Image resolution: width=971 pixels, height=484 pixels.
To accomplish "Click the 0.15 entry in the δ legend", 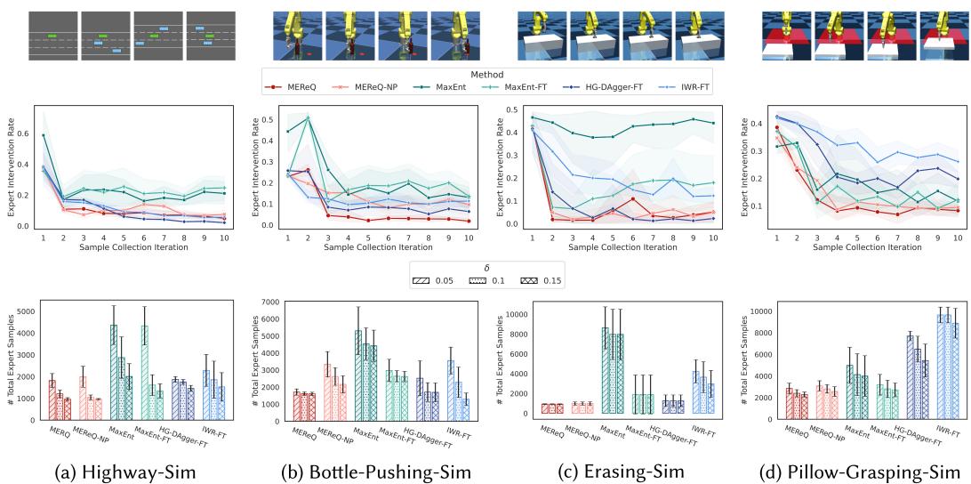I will (x=542, y=279).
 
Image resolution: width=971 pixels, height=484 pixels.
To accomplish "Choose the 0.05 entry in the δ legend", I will (x=437, y=279).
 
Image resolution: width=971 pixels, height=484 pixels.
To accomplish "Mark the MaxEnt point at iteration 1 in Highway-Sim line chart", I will (x=44, y=135).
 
